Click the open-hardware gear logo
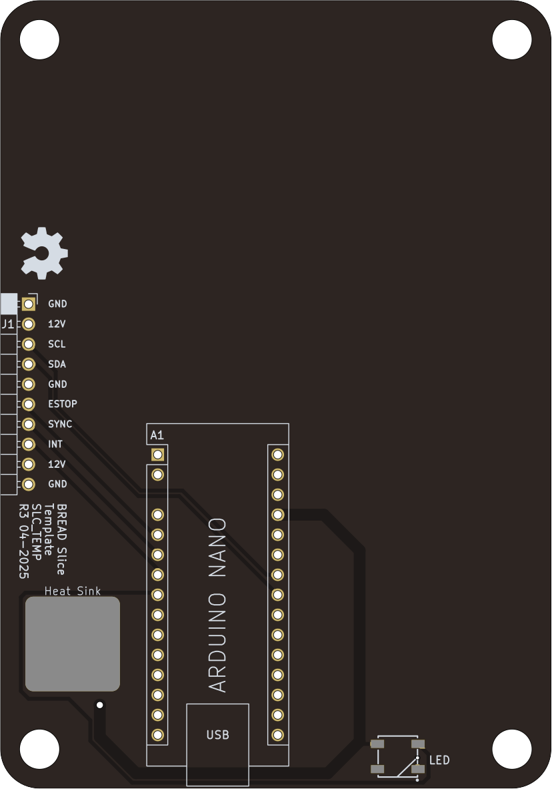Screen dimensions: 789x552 [x=44, y=253]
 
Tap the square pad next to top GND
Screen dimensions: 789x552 [x=28, y=304]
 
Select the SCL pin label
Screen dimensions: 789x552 [x=57, y=344]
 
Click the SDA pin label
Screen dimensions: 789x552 [x=57, y=364]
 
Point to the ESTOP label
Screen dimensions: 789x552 [x=62, y=404]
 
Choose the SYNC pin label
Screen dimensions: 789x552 [x=60, y=424]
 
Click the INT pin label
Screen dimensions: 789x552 [x=55, y=444]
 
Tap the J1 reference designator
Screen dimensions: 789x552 [x=8, y=324]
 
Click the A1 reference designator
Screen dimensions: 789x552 [x=157, y=435]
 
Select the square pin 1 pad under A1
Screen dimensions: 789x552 [x=157, y=455]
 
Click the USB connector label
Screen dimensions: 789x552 [x=217, y=735]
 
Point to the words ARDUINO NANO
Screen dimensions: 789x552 [x=218, y=605]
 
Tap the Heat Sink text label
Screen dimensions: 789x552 [x=73, y=591]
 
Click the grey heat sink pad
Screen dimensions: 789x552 [x=73, y=643]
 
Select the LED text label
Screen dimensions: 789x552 [x=439, y=760]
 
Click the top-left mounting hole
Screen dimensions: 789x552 [x=39, y=39]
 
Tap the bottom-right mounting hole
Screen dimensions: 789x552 [x=512, y=749]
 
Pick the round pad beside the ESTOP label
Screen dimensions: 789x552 [x=28, y=404]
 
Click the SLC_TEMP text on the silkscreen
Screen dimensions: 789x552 [x=37, y=532]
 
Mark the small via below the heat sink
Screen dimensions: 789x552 [x=99, y=704]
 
